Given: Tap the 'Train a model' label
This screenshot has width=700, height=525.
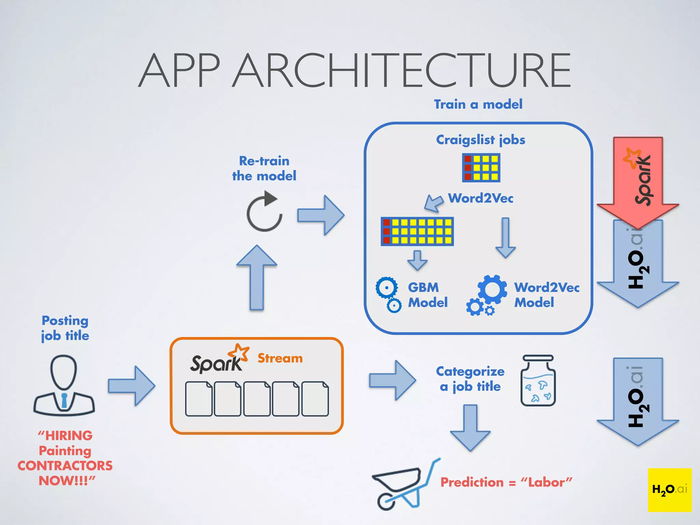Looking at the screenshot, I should pyautogui.click(x=478, y=104).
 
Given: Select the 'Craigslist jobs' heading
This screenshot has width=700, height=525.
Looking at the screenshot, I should pyautogui.click(x=480, y=140).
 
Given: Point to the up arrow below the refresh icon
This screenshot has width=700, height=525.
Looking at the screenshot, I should pyautogui.click(x=257, y=277).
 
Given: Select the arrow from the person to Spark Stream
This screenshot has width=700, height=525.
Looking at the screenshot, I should pyautogui.click(x=132, y=386).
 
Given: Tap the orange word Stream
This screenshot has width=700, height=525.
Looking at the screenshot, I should pyautogui.click(x=280, y=358).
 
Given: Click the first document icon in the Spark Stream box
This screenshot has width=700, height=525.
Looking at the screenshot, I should pyautogui.click(x=199, y=399).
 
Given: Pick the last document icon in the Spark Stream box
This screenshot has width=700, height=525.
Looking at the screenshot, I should pyautogui.click(x=315, y=399).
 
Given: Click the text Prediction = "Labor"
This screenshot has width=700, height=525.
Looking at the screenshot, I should pyautogui.click(x=506, y=482).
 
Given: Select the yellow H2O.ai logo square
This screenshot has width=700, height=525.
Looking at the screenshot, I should pyautogui.click(x=669, y=489).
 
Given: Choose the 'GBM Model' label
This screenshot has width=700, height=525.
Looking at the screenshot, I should pyautogui.click(x=427, y=295).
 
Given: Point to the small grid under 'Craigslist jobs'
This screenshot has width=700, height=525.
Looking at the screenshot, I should pyautogui.click(x=481, y=167).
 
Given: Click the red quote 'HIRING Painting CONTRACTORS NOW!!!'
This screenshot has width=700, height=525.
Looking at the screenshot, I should pyautogui.click(x=65, y=458).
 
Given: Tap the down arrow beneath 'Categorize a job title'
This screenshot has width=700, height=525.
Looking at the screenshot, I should pyautogui.click(x=470, y=427).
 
